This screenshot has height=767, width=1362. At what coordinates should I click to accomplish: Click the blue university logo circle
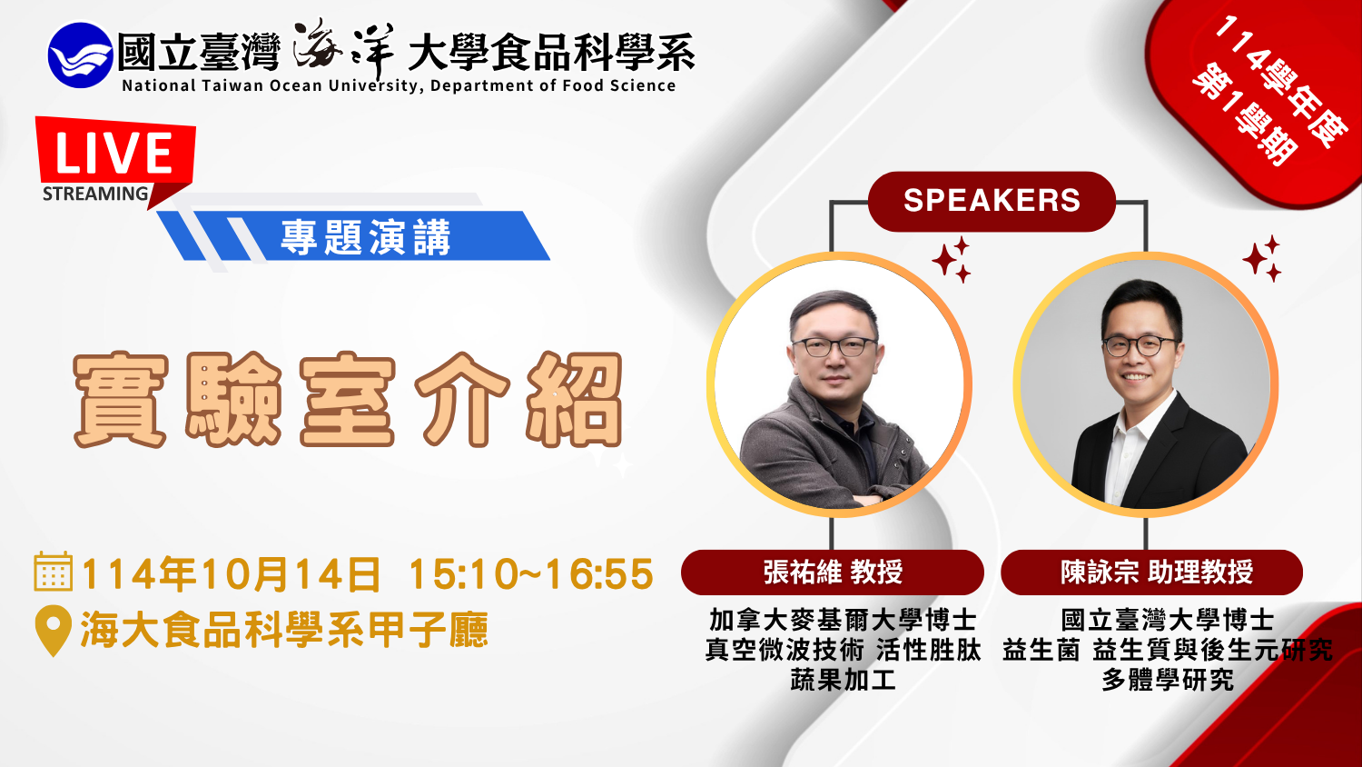(x=80, y=55)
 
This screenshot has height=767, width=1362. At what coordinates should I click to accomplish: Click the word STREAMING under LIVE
(x=95, y=194)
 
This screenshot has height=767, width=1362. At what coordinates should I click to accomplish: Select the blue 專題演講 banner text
(x=365, y=237)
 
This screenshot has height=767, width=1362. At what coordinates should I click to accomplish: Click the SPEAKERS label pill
(x=992, y=201)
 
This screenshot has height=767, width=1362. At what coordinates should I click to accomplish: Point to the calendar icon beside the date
(x=54, y=572)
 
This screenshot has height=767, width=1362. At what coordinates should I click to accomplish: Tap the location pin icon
(x=54, y=631)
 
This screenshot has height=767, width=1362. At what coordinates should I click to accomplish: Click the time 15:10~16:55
(x=531, y=573)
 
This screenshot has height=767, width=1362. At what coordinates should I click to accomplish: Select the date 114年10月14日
(x=231, y=573)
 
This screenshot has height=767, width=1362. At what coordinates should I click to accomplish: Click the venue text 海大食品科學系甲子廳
(x=284, y=630)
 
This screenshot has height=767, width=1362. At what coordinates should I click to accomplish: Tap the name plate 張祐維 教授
(x=833, y=573)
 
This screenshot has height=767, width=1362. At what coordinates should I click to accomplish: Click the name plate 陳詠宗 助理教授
(x=1151, y=573)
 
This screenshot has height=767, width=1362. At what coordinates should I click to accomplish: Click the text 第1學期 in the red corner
(x=1244, y=115)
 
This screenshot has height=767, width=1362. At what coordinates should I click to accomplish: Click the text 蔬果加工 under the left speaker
(x=843, y=680)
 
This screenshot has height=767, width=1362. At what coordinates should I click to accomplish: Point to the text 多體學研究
(x=1168, y=680)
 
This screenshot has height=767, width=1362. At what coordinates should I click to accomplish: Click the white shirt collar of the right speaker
(x=1135, y=426)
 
